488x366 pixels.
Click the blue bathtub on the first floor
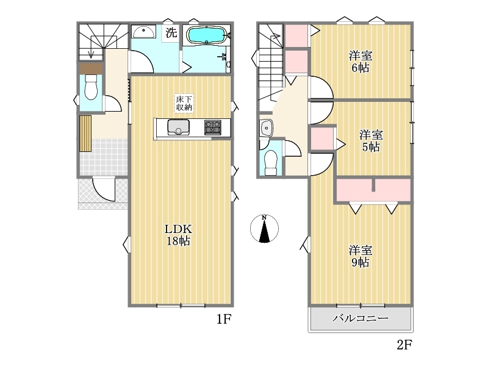[x=207, y=35]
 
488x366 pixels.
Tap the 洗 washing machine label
[x=171, y=32]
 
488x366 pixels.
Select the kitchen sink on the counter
[x=179, y=127]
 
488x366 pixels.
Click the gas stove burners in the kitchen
[x=213, y=127]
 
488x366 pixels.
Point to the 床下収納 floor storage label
[x=184, y=103]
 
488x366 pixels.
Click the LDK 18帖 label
[x=178, y=235]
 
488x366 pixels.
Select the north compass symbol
[x=264, y=229]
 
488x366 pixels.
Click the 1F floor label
[x=224, y=319]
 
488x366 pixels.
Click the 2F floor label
[x=404, y=345]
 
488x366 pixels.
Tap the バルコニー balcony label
[x=361, y=318]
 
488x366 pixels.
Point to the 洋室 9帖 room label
[x=361, y=256]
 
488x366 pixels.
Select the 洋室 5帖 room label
[x=371, y=141]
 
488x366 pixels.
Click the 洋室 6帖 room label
[x=361, y=62]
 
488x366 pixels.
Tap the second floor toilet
[x=270, y=163]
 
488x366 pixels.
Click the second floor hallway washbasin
[x=267, y=127]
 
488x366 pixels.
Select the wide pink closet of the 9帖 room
[x=373, y=190]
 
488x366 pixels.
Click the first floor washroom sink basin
[x=143, y=32]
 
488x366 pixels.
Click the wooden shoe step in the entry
[x=85, y=134]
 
